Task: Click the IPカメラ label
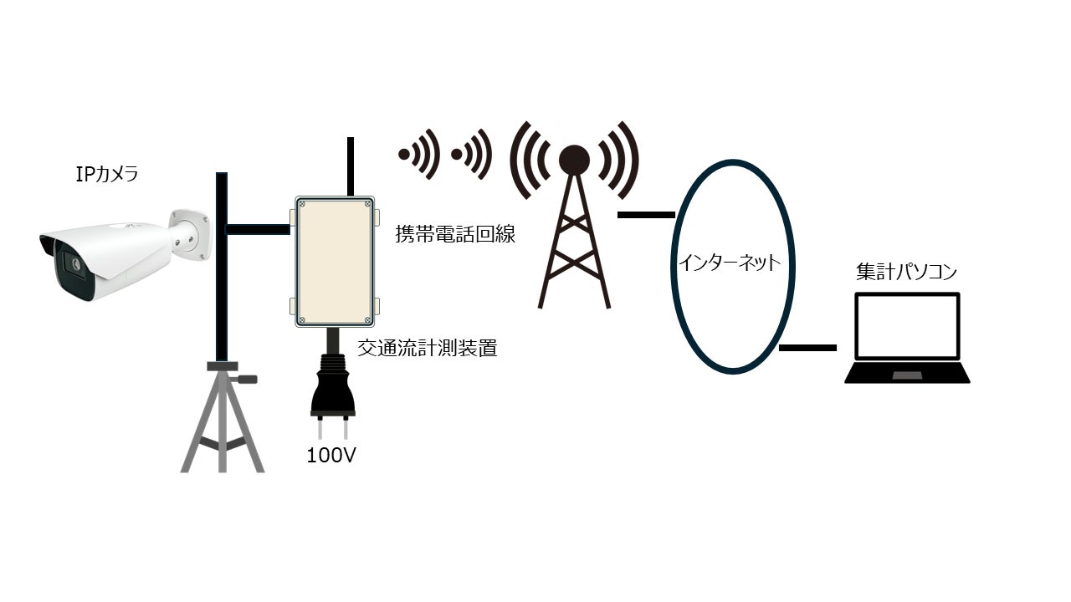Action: click(x=107, y=175)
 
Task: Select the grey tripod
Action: click(x=222, y=418)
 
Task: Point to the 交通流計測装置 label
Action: click(x=428, y=348)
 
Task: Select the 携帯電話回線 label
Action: click(x=455, y=234)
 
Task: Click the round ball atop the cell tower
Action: click(x=574, y=160)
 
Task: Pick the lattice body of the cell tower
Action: click(x=574, y=247)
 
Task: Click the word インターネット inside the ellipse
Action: click(x=729, y=263)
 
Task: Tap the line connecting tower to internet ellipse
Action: click(x=646, y=215)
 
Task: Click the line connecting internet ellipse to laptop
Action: click(x=807, y=347)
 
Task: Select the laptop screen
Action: click(x=907, y=326)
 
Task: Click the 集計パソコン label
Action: click(x=906, y=272)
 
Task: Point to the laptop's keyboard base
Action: click(x=907, y=373)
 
